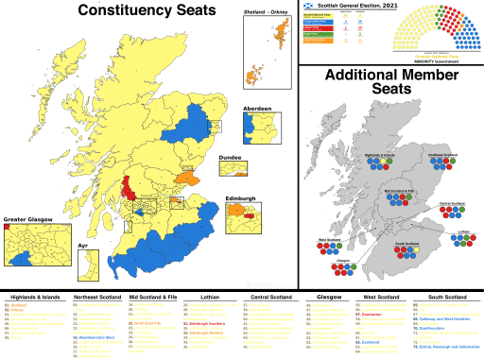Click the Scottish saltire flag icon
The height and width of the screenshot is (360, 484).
(x=307, y=6)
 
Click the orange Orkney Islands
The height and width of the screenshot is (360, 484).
(x=254, y=74)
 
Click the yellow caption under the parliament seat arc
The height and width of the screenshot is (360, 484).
(x=436, y=56)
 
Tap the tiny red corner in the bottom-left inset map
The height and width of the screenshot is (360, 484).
(x=8, y=227)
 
